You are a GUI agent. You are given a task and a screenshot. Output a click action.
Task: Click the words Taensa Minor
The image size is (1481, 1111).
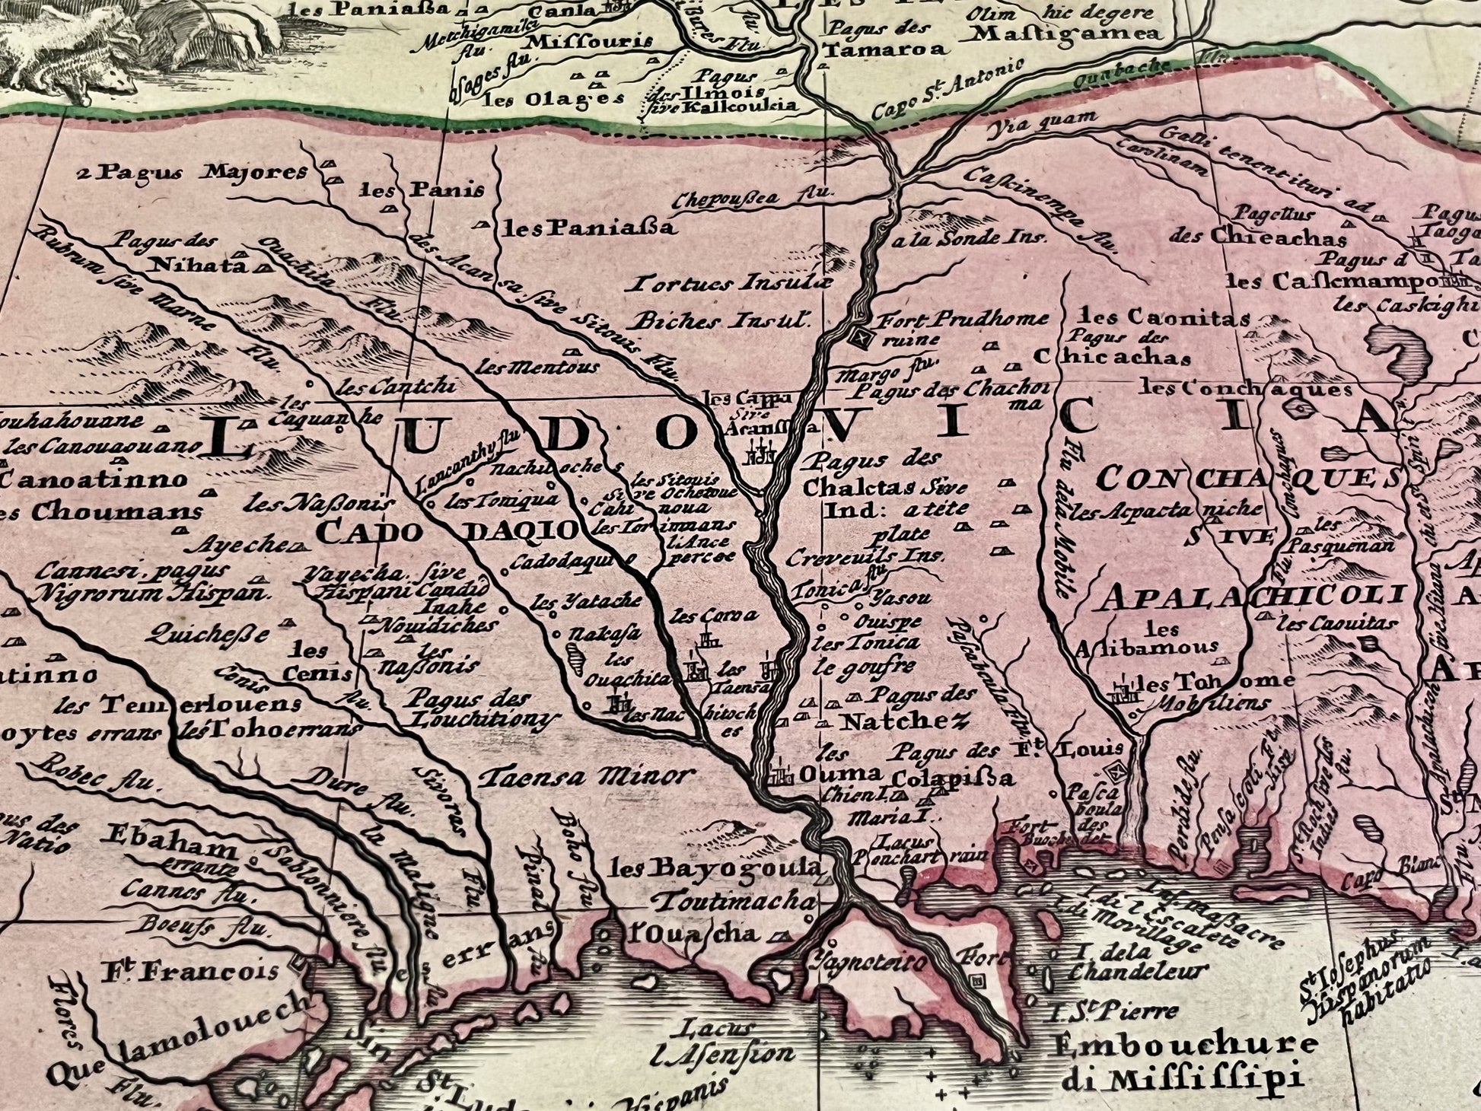tap(588, 776)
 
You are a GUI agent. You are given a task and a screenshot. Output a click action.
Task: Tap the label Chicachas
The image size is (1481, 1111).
tap(1113, 357)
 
